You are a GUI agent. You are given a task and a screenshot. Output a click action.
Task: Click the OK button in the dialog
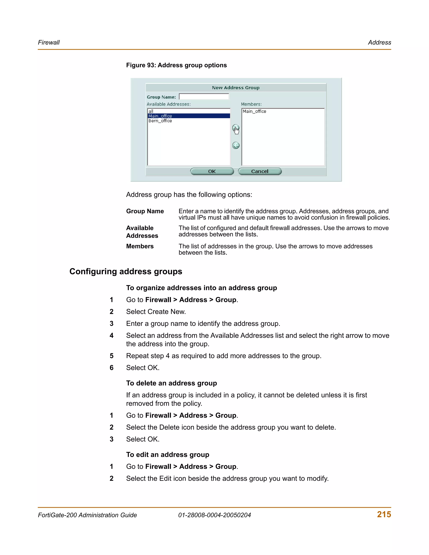tap(212, 171)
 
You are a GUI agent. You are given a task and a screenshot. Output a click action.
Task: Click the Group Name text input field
tap(204, 97)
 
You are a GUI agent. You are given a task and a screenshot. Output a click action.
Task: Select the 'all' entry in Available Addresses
tap(151, 111)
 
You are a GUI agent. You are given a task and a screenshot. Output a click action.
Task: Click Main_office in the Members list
tap(254, 111)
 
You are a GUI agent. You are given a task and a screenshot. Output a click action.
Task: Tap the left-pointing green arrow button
tap(236, 145)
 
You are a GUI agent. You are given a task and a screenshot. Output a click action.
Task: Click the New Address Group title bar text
tap(236, 88)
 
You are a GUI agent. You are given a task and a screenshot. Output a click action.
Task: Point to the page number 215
tap(384, 514)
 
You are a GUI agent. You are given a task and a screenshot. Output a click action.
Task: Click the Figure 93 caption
tap(176, 65)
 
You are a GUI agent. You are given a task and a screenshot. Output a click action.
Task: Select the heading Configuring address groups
tap(126, 271)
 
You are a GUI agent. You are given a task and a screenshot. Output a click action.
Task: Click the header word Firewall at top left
tap(49, 43)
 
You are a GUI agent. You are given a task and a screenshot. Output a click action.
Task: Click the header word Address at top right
tap(379, 43)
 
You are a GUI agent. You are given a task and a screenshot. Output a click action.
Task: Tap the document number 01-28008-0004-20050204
tap(214, 515)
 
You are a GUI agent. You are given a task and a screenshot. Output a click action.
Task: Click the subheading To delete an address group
tap(172, 383)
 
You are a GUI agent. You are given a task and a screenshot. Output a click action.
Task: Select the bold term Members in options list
tap(140, 246)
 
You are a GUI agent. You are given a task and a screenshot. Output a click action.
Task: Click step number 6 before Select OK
tap(111, 368)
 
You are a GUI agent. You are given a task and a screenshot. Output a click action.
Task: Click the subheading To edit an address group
tap(168, 454)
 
